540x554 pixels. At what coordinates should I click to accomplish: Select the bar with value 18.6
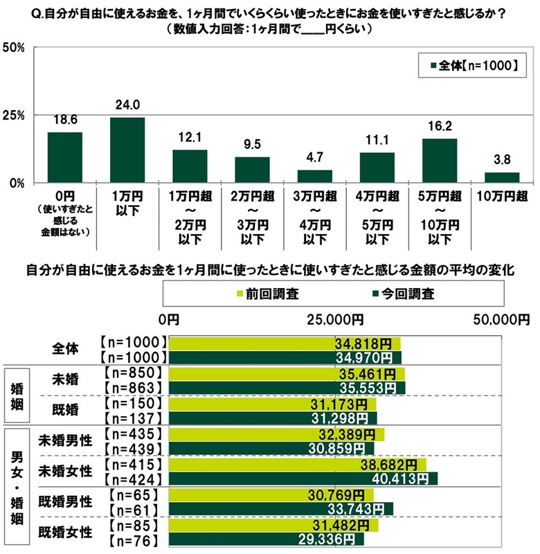pyautogui.click(x=65, y=157)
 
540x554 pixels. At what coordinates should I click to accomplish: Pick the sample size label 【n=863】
pyautogui.click(x=132, y=388)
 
